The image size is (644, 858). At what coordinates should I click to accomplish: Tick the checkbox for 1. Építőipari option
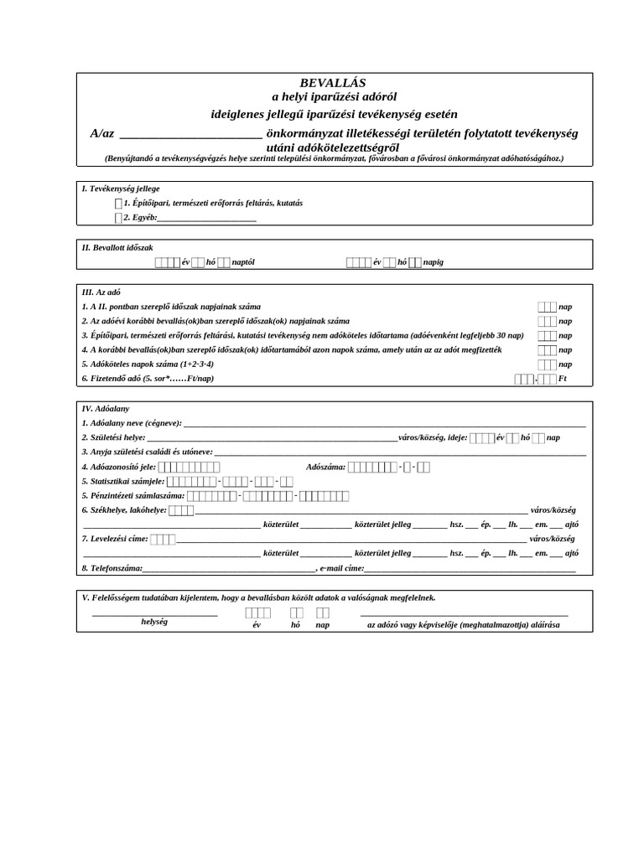pyautogui.click(x=118, y=204)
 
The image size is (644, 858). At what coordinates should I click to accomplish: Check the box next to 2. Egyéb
pyautogui.click(x=118, y=218)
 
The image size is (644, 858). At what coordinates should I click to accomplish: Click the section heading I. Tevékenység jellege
pyautogui.click(x=121, y=189)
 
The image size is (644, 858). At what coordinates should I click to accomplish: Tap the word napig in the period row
pyautogui.click(x=434, y=262)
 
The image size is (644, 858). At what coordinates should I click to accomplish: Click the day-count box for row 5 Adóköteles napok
pyautogui.click(x=546, y=364)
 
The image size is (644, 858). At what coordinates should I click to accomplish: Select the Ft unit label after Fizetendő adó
pyautogui.click(x=563, y=379)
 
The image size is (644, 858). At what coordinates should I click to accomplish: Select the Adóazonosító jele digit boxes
pyautogui.click(x=189, y=467)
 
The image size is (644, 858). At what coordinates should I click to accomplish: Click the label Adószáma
pyautogui.click(x=326, y=467)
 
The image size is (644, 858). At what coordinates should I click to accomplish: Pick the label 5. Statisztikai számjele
pyautogui.click(x=123, y=481)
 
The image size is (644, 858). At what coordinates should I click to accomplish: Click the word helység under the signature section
pyautogui.click(x=154, y=622)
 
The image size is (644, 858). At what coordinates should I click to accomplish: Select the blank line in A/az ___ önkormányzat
pyautogui.click(x=190, y=134)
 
